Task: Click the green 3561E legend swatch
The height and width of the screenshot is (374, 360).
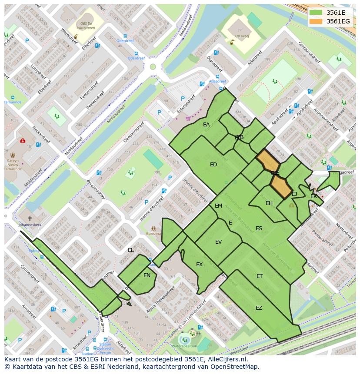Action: tap(316, 13)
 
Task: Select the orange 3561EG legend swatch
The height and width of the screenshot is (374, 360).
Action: tap(316, 21)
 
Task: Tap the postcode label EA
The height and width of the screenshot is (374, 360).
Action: tap(206, 125)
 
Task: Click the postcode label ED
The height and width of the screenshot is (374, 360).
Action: tap(213, 165)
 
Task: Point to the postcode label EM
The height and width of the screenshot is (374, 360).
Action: tap(218, 206)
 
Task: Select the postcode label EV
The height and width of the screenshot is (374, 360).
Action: tap(218, 242)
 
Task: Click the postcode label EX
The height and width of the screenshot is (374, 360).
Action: tap(199, 265)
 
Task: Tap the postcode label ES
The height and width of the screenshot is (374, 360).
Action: tap(259, 228)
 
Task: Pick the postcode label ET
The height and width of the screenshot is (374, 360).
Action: tap(260, 276)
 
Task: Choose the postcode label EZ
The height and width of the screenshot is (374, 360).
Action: tap(259, 308)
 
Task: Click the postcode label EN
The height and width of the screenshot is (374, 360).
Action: tap(147, 275)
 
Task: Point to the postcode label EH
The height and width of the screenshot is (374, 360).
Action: tap(269, 203)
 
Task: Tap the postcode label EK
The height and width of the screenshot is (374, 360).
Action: tap(313, 196)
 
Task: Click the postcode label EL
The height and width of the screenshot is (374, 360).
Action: tap(131, 250)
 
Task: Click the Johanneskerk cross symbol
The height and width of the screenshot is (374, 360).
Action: tap(30, 218)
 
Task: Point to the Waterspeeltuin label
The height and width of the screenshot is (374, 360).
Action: tap(184, 346)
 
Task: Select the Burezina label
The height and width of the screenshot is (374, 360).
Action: tap(153, 233)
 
